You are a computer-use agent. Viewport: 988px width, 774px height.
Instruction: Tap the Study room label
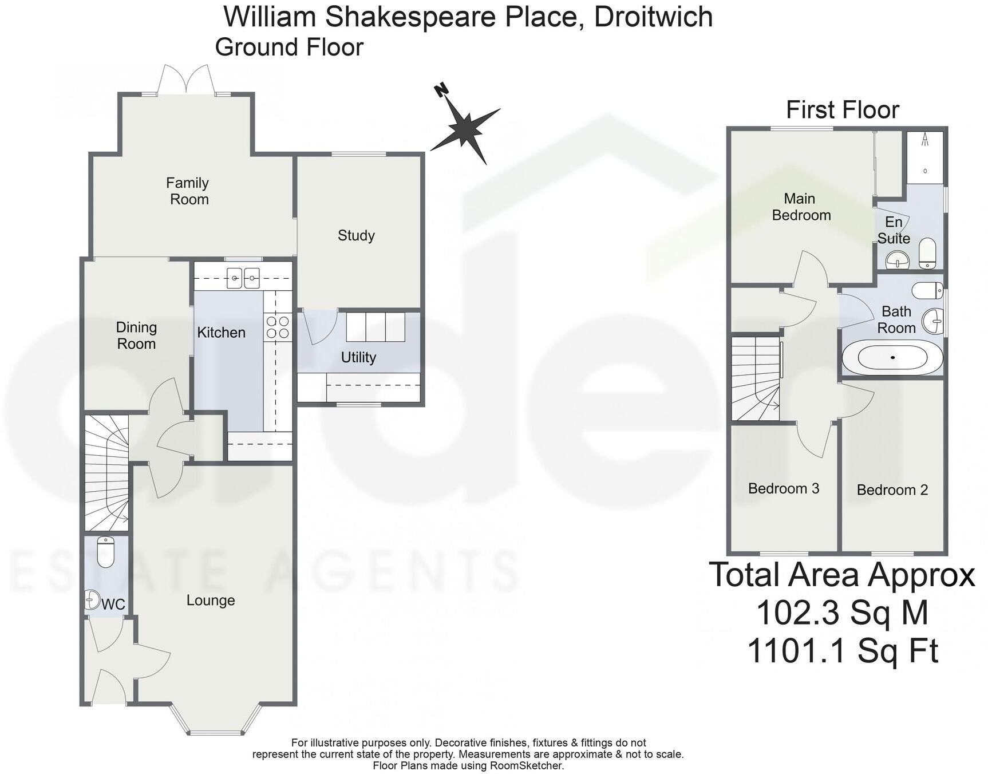click(356, 235)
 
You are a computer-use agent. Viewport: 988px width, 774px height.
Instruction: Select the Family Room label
click(188, 191)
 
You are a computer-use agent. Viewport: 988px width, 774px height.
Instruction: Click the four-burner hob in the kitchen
click(278, 327)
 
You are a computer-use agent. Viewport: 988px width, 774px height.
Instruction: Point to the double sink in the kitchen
click(243, 278)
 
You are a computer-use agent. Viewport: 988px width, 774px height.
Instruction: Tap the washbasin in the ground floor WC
click(92, 599)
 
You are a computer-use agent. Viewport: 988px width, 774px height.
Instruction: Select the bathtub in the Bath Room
click(892, 358)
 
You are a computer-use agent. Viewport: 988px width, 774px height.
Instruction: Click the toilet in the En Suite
click(927, 254)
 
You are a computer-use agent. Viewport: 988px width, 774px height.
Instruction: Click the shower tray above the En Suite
click(924, 157)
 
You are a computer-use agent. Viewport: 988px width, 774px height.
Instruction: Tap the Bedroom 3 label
click(783, 488)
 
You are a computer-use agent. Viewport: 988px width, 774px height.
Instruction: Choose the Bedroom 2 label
click(892, 490)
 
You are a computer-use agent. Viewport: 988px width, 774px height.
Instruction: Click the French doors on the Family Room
click(186, 80)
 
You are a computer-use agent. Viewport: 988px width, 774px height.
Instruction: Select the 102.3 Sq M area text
click(842, 613)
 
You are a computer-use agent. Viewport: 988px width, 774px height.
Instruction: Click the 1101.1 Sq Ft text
click(842, 651)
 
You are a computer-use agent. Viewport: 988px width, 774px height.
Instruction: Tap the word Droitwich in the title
click(653, 17)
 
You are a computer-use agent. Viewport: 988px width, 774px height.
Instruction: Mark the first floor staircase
click(756, 378)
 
